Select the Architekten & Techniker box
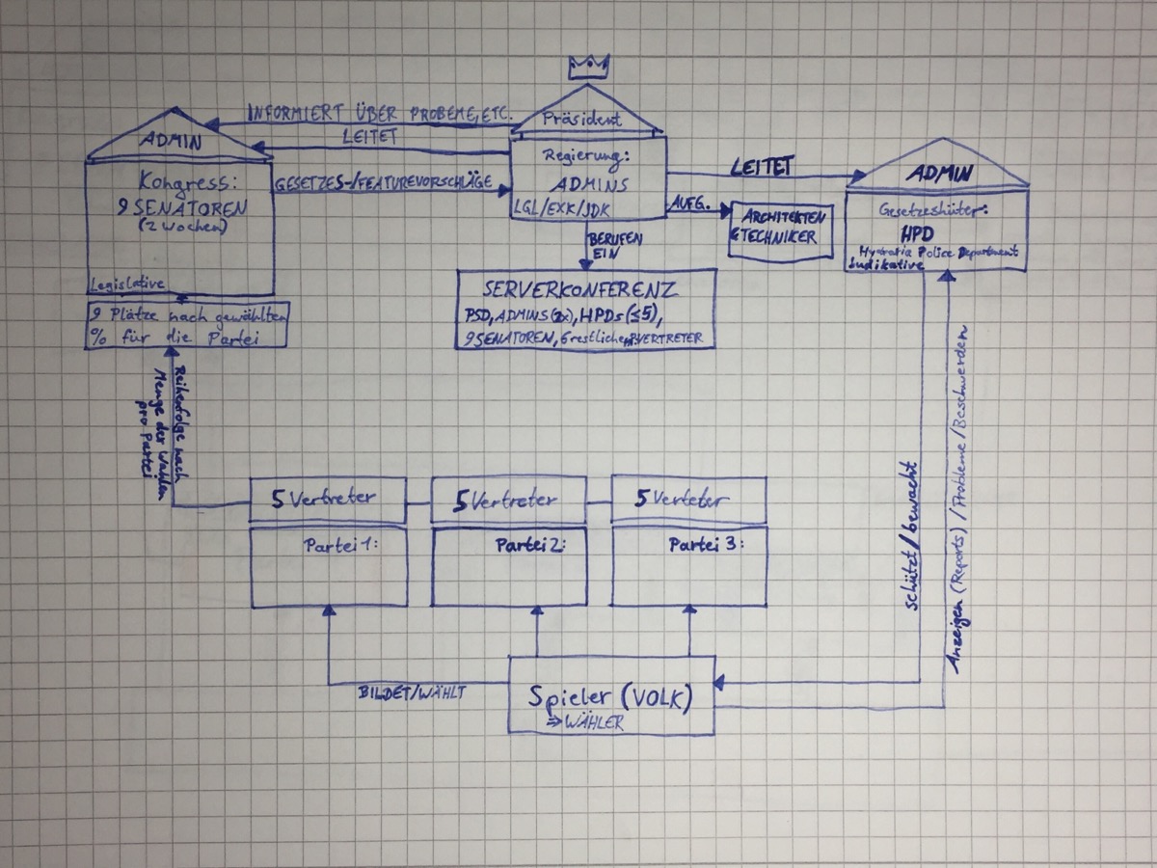coord(781,229)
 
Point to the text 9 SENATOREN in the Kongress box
coord(178,204)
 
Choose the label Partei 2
coord(528,545)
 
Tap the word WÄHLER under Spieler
coord(589,722)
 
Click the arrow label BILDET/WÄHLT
coord(412,692)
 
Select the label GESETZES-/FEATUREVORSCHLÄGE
coord(386,182)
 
